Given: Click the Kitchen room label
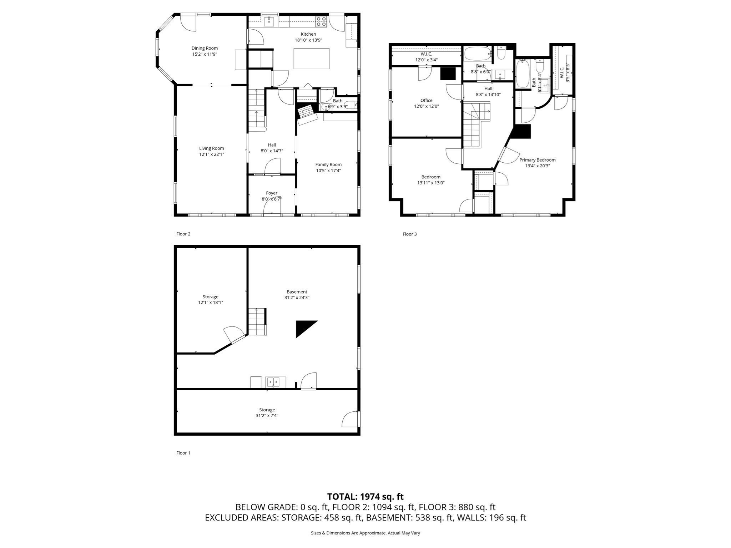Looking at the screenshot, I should tap(308, 34).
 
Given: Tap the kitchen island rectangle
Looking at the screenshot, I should tap(311, 59).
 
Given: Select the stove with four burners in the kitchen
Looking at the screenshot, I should tap(321, 22).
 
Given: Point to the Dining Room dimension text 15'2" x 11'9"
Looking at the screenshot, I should tap(205, 54).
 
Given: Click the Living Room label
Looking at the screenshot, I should tap(211, 148).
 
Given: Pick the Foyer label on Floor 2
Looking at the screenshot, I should tap(271, 193).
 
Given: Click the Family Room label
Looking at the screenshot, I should tap(328, 164).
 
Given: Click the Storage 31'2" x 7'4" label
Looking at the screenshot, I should tap(267, 413).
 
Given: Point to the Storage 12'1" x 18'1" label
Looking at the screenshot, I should tap(210, 299).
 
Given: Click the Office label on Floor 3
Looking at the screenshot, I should tap(426, 101).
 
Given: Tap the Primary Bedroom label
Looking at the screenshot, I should tap(537, 160).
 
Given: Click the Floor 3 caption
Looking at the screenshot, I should tap(409, 234).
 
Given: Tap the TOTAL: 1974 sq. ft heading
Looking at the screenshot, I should tap(365, 497).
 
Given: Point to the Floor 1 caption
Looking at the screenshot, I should tap(183, 453).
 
